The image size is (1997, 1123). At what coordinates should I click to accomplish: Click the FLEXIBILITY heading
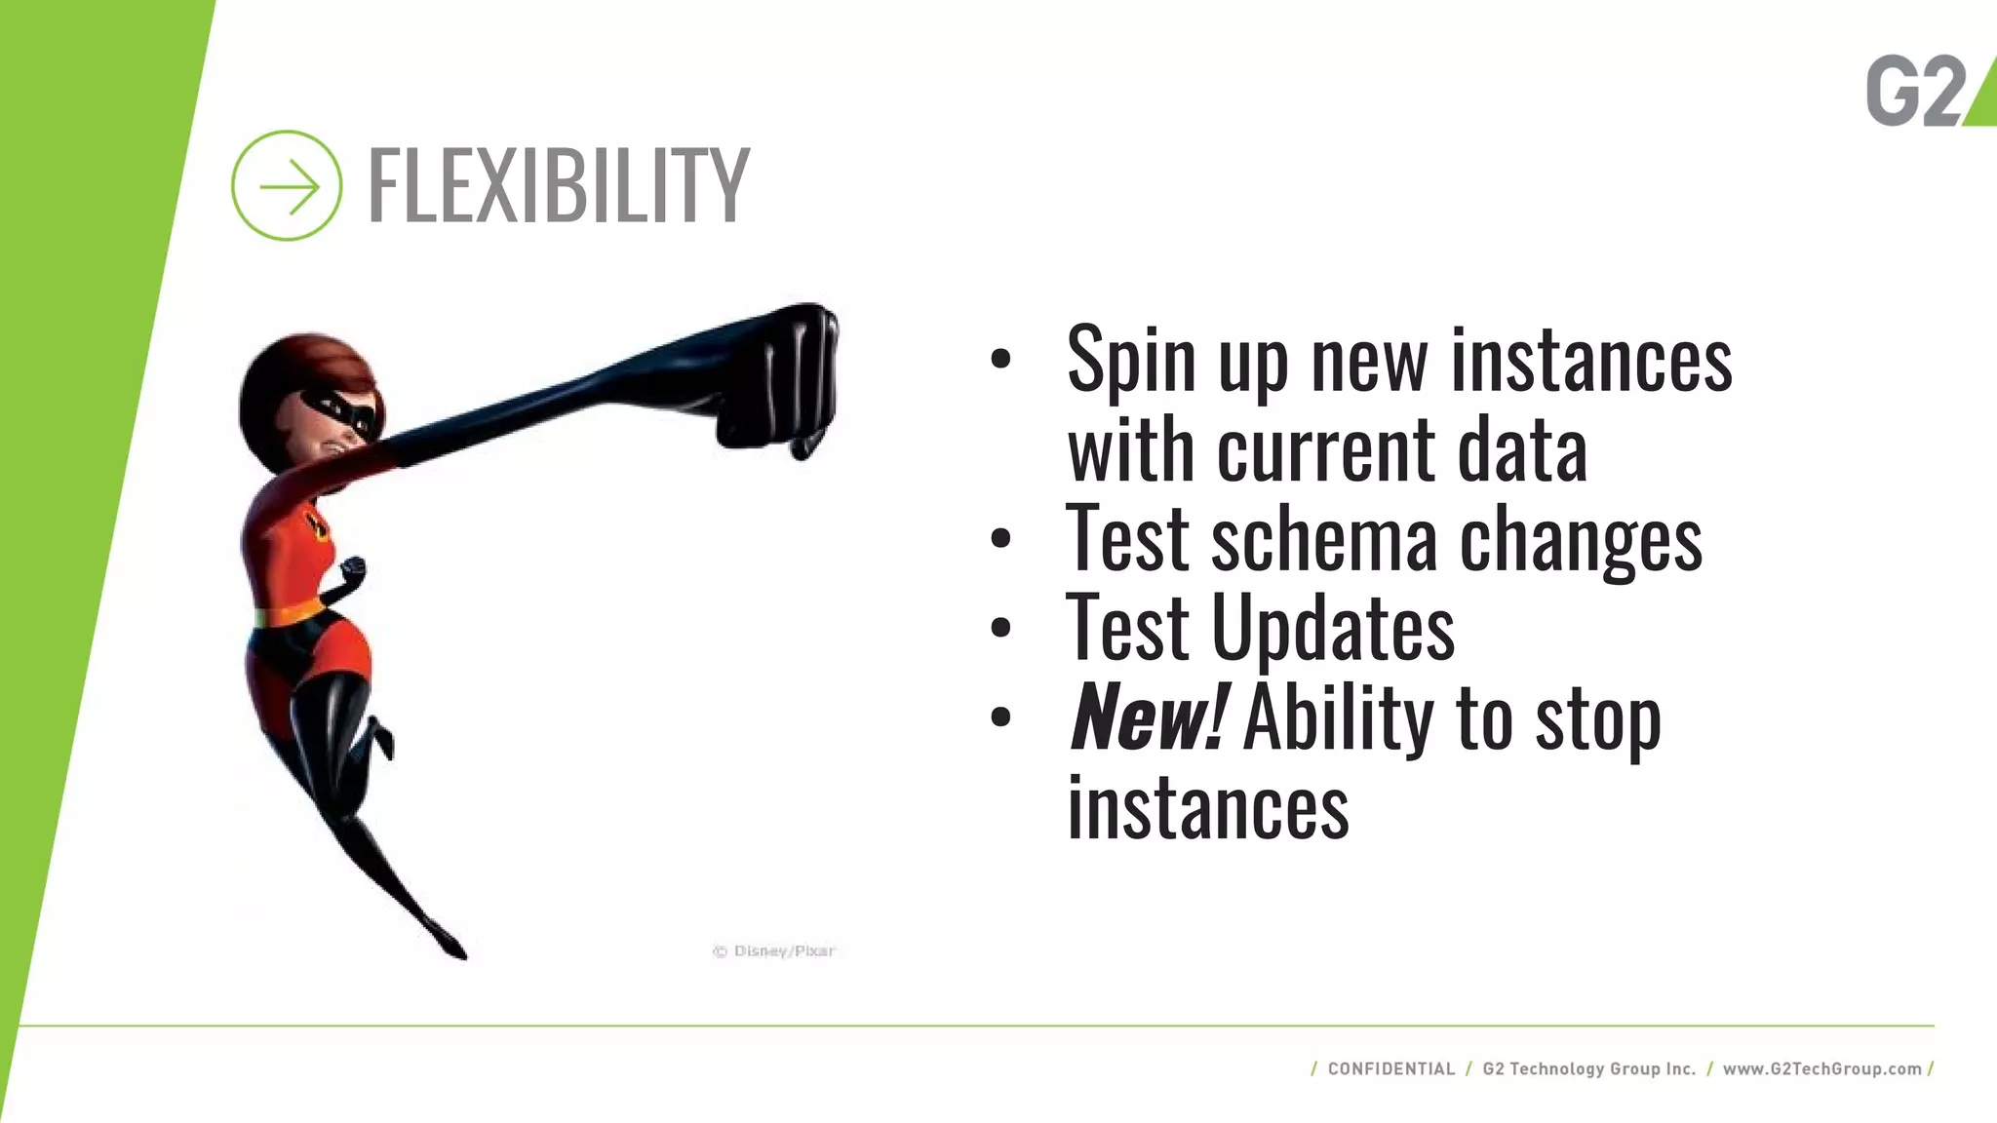(x=558, y=185)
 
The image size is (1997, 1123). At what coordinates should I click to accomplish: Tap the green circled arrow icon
(x=287, y=185)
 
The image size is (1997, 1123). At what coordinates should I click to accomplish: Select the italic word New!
(x=1147, y=718)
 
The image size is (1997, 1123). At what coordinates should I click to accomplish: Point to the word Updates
(x=1332, y=629)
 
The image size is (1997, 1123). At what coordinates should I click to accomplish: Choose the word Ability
(x=1338, y=718)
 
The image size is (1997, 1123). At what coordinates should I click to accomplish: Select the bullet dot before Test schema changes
(x=1000, y=539)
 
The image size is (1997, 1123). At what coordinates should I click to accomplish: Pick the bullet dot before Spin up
(x=1000, y=359)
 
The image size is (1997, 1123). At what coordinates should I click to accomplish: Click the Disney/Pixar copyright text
(x=774, y=950)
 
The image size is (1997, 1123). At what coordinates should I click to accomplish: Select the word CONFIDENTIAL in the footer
(x=1390, y=1068)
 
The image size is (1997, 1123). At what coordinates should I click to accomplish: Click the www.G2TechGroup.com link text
(x=1821, y=1068)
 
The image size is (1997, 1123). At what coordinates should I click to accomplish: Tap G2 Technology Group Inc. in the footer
(x=1589, y=1068)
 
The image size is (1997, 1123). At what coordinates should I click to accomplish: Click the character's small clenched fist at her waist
(x=352, y=569)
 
